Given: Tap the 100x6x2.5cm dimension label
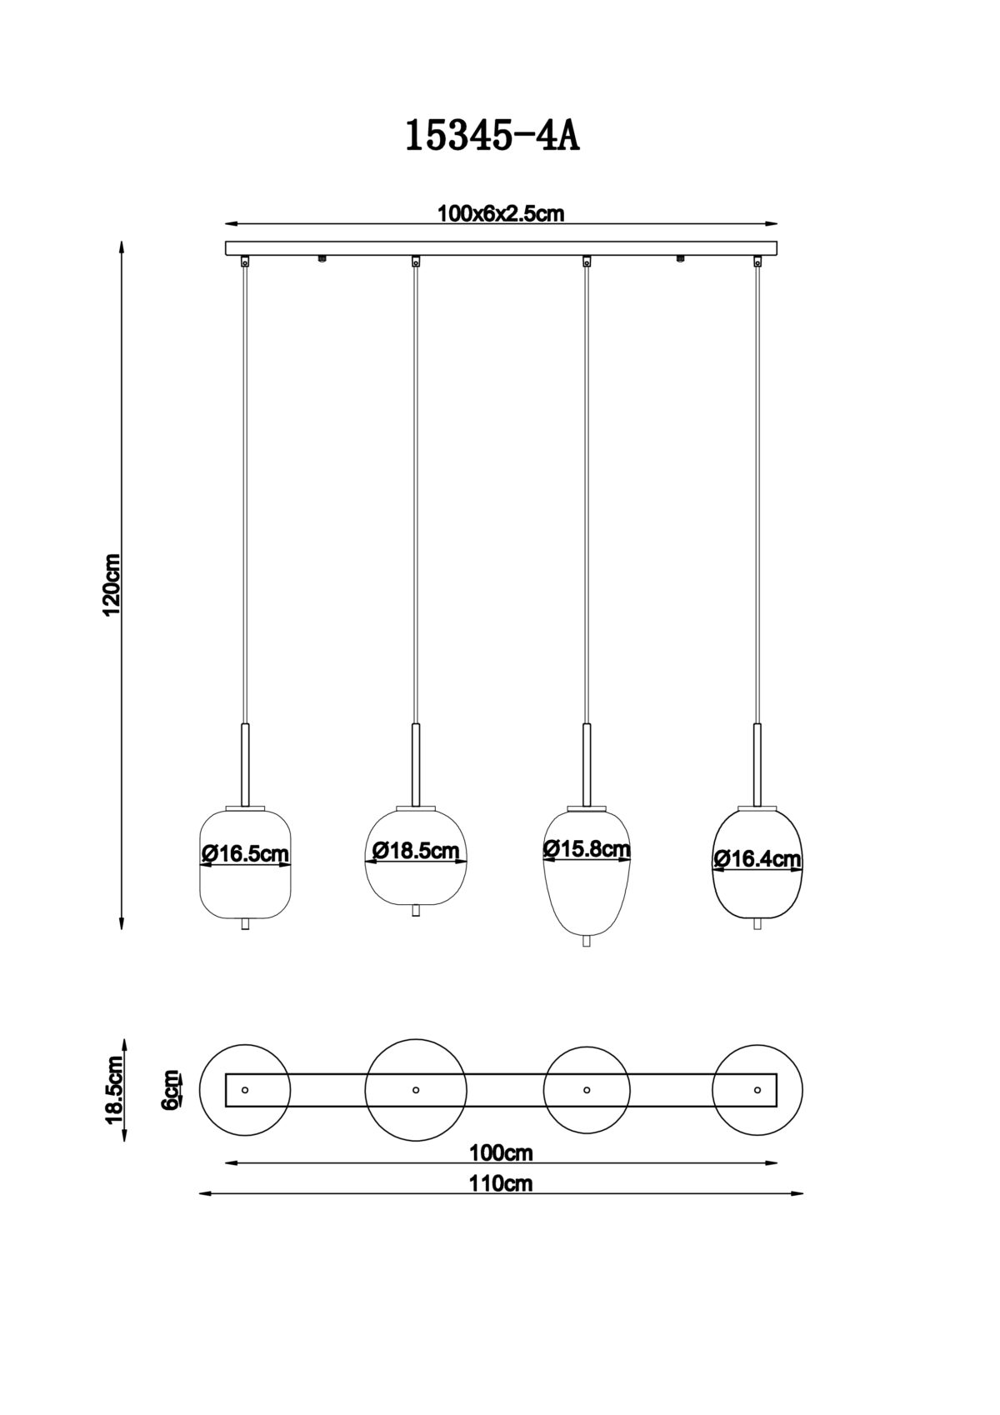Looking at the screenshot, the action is point(501,214).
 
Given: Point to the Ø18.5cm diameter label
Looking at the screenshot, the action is point(416,850).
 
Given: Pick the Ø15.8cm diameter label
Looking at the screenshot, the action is point(587,847).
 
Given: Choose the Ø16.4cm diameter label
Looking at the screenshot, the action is point(757,858).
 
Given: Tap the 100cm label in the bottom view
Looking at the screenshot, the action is point(501,1153).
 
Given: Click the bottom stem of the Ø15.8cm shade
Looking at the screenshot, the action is point(587,941).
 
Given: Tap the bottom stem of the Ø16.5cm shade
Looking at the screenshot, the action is point(245,924).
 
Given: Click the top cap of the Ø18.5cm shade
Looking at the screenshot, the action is point(416,808).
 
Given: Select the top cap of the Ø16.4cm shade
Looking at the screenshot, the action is point(757,808).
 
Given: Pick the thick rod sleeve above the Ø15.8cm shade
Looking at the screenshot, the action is point(587,764).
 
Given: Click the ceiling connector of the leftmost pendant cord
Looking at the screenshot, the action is point(245,260).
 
